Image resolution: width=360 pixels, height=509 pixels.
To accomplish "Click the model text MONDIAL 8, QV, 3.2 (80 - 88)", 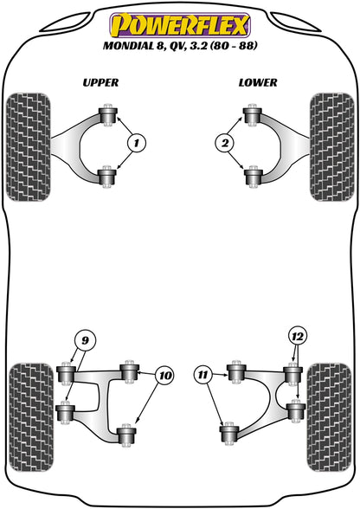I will coord(179,45).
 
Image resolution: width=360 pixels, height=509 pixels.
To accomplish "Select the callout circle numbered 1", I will coord(137,142).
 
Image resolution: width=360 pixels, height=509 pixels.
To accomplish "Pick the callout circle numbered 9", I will coord(84,339).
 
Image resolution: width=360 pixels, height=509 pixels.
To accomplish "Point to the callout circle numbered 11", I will coord(202,374).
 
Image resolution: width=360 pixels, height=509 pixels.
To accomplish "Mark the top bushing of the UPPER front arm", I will coord(108,116).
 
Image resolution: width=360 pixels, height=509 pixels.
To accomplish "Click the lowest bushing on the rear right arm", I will coord(230,430).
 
